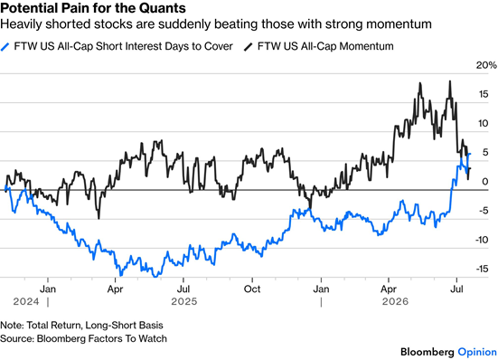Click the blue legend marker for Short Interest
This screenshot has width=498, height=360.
[x=5, y=47]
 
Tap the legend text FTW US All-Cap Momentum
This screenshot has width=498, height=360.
[x=325, y=46]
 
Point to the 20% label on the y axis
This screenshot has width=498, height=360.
[x=486, y=65]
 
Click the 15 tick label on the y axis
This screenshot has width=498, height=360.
[x=484, y=94]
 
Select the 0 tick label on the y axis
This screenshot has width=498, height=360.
[x=485, y=182]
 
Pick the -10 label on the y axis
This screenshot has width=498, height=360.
[x=482, y=240]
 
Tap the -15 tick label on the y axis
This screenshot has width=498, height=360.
[x=482, y=270]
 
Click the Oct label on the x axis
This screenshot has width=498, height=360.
[x=252, y=289]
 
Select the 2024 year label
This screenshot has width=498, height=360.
[x=26, y=301]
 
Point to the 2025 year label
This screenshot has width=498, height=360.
[x=184, y=301]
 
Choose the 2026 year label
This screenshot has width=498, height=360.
[x=395, y=301]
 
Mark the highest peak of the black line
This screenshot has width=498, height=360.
[x=450, y=81]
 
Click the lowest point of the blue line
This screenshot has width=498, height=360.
[x=155, y=277]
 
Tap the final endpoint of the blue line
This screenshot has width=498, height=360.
[x=470, y=154]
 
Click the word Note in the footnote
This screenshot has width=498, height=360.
[x=11, y=326]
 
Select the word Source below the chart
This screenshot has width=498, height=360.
[x=16, y=338]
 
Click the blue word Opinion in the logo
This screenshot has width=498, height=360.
[x=477, y=352]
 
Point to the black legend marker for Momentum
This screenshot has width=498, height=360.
[x=248, y=47]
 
